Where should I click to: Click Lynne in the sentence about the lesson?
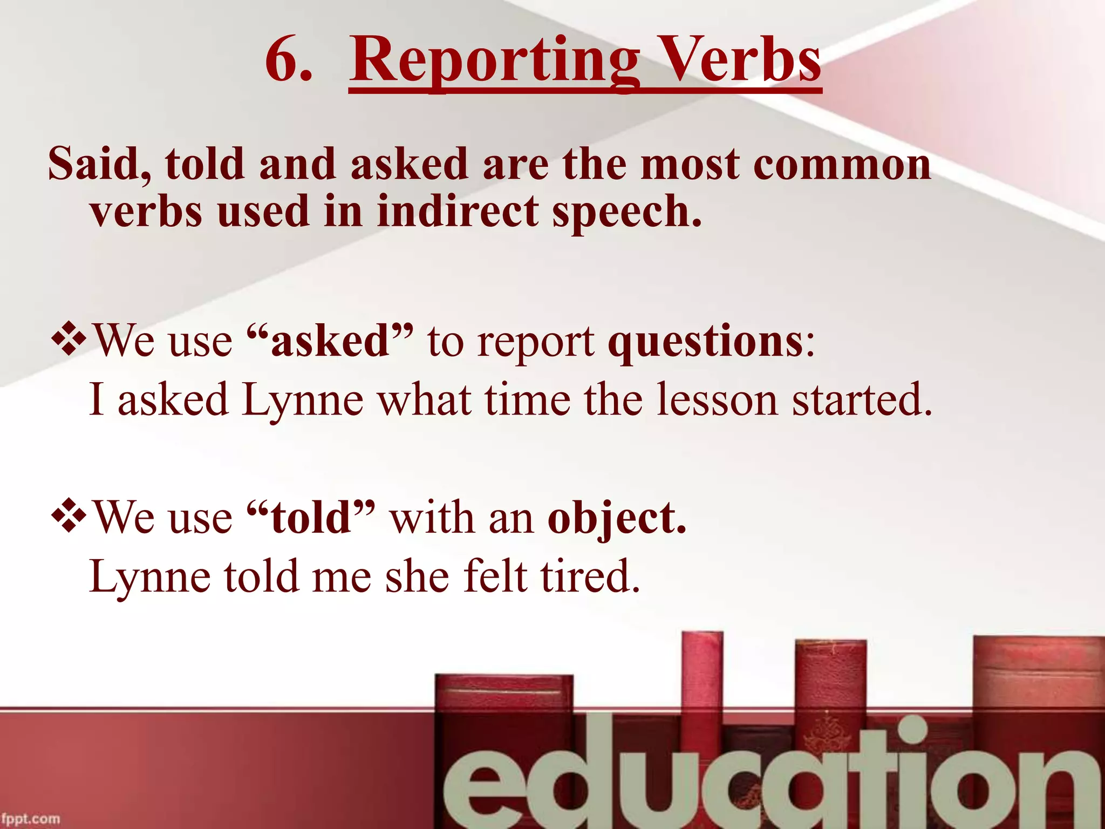coord(302,400)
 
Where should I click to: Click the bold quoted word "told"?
coord(310,517)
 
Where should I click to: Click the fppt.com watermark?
coord(31,819)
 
